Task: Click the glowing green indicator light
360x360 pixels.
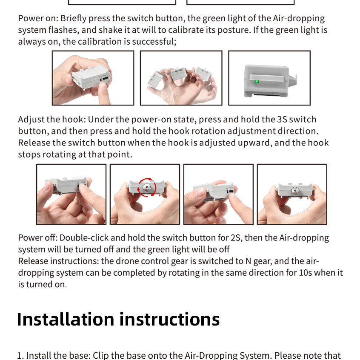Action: [x=257, y=82]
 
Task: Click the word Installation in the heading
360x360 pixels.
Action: [x=66, y=319]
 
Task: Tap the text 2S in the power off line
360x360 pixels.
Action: [x=236, y=237]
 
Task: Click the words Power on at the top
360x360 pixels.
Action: [x=37, y=18]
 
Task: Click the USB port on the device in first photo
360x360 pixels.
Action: [x=105, y=79]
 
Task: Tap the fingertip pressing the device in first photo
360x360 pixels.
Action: [x=103, y=86]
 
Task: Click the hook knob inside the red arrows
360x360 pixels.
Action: [x=146, y=187]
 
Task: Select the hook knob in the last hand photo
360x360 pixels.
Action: [x=294, y=190]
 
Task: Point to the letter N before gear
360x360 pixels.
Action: [x=248, y=261]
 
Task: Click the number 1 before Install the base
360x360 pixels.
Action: [x=19, y=355]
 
